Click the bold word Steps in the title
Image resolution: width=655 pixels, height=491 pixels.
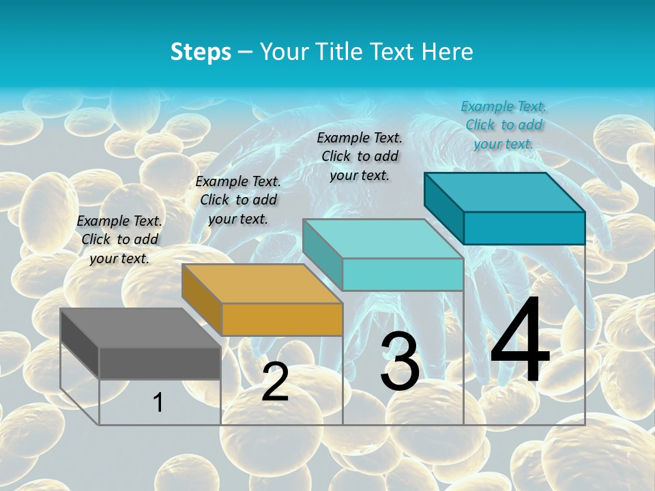[201, 52]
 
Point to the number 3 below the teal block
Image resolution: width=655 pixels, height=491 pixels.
[400, 361]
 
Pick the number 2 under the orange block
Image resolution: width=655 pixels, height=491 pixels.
[275, 383]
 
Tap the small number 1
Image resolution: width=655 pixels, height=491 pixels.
[158, 402]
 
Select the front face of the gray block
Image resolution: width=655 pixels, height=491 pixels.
[160, 363]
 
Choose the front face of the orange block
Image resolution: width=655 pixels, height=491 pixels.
[282, 319]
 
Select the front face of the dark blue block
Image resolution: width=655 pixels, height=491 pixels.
[524, 228]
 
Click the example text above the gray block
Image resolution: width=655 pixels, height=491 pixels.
[119, 239]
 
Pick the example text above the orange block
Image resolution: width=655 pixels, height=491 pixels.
[238, 200]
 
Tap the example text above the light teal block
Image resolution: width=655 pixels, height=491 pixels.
[360, 156]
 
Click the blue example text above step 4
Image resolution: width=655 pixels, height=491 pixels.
[504, 125]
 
